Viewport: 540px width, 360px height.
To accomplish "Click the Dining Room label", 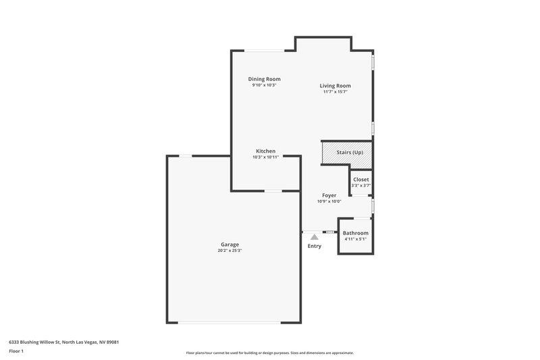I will pyautogui.click(x=264, y=79).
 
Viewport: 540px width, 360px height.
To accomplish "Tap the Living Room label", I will pyautogui.click(x=335, y=86).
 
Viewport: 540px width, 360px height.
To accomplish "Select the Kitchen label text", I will pyautogui.click(x=265, y=151).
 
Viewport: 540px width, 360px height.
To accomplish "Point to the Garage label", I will pyautogui.click(x=230, y=245).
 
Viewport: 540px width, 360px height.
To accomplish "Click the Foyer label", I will pyautogui.click(x=329, y=195).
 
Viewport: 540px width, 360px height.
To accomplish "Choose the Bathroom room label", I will pyautogui.click(x=355, y=233).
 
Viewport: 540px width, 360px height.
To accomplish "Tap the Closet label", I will pyautogui.click(x=361, y=180).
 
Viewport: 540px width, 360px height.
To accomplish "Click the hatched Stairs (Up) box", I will pyautogui.click(x=347, y=153).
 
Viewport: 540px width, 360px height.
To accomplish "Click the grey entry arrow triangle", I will pyautogui.click(x=314, y=237).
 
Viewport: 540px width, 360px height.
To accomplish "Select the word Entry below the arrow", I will pyautogui.click(x=315, y=246).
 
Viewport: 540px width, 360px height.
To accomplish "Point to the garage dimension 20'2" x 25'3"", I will pyautogui.click(x=230, y=251).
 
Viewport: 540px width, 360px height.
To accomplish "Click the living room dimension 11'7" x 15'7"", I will pyautogui.click(x=335, y=92).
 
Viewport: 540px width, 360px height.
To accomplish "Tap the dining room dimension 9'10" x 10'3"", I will pyautogui.click(x=264, y=85).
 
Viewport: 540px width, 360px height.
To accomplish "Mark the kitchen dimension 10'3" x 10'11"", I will pyautogui.click(x=265, y=157).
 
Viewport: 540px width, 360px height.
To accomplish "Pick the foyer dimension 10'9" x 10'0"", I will pyautogui.click(x=329, y=201).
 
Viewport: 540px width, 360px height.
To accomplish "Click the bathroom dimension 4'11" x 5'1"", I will pyautogui.click(x=355, y=239).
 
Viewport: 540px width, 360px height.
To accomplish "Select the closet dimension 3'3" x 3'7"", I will pyautogui.click(x=361, y=185).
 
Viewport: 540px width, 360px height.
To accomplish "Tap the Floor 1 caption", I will pyautogui.click(x=16, y=351).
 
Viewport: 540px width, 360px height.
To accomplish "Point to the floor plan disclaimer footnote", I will pyautogui.click(x=269, y=353).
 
